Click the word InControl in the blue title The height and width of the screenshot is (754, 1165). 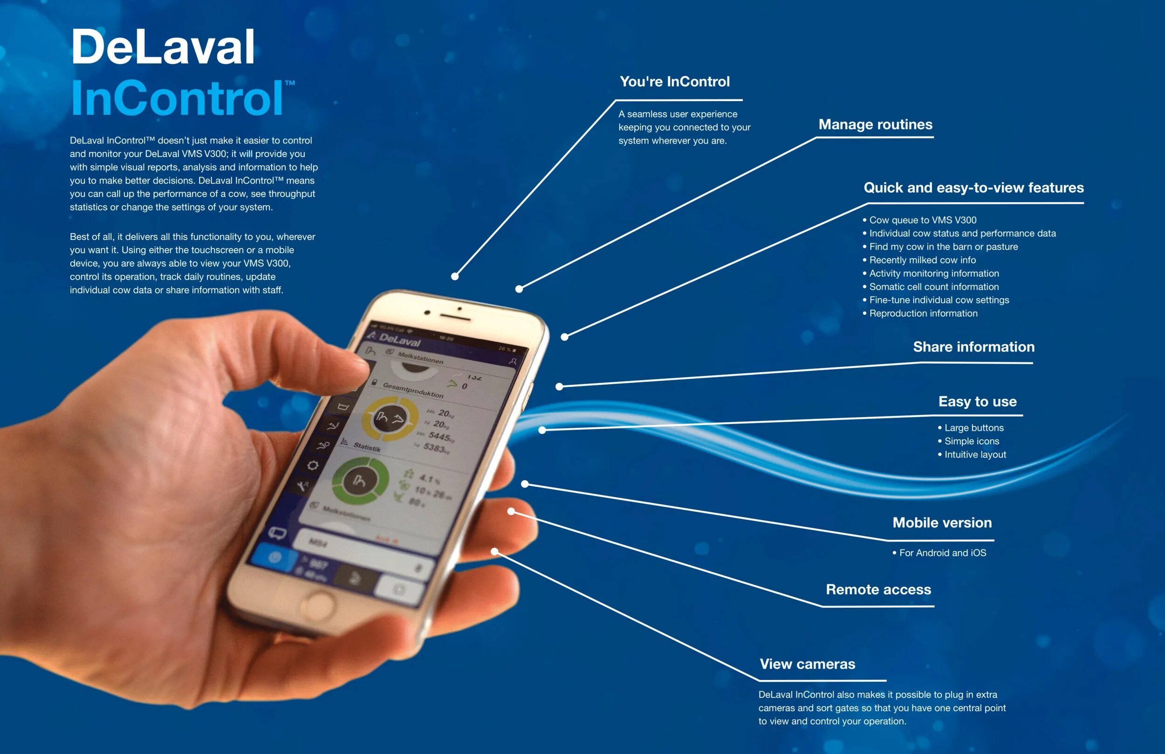[177, 98]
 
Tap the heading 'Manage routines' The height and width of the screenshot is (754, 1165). [875, 124]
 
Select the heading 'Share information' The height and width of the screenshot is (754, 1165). [973, 347]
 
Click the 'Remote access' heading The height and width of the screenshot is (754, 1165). [878, 589]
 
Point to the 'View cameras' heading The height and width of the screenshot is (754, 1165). [807, 664]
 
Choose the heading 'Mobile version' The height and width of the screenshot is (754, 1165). [942, 522]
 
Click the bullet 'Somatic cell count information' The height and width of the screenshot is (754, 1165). [933, 287]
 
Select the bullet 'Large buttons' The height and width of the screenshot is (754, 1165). [973, 428]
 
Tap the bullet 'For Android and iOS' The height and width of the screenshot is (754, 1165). [942, 553]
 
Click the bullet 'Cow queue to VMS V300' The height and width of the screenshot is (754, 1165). [922, 220]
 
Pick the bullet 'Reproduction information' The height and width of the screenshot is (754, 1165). [923, 313]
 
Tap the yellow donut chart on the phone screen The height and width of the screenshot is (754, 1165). [390, 418]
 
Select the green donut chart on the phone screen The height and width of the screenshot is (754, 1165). [360, 482]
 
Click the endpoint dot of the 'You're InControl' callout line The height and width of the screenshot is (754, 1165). [455, 277]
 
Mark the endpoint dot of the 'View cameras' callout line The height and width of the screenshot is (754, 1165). [495, 552]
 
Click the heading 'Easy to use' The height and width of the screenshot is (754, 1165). [977, 402]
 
